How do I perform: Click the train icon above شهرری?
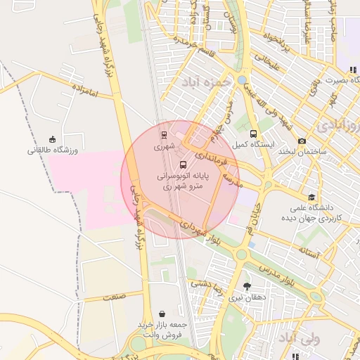tap(164, 135)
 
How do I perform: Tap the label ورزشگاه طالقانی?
tap(56, 150)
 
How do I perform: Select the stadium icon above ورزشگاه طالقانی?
tap(53, 139)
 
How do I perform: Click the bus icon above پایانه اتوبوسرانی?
tap(184, 165)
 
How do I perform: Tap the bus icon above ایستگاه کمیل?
tap(253, 134)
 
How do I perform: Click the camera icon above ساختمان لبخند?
tap(302, 141)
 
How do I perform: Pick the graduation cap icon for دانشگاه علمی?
tap(311, 197)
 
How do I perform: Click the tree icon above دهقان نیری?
tap(247, 286)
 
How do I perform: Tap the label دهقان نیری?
tap(247, 297)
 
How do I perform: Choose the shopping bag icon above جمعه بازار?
tap(163, 314)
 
